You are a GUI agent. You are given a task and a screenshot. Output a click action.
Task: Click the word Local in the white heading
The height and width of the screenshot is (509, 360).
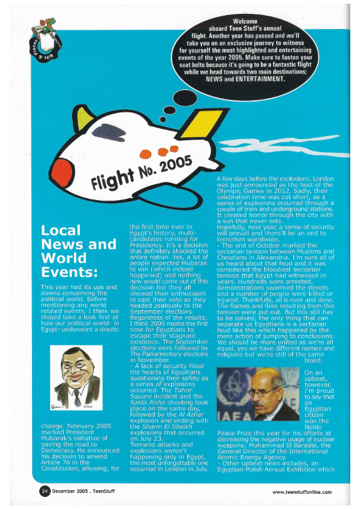61,230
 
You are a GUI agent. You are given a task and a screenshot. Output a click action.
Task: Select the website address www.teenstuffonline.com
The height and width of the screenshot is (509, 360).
301,492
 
